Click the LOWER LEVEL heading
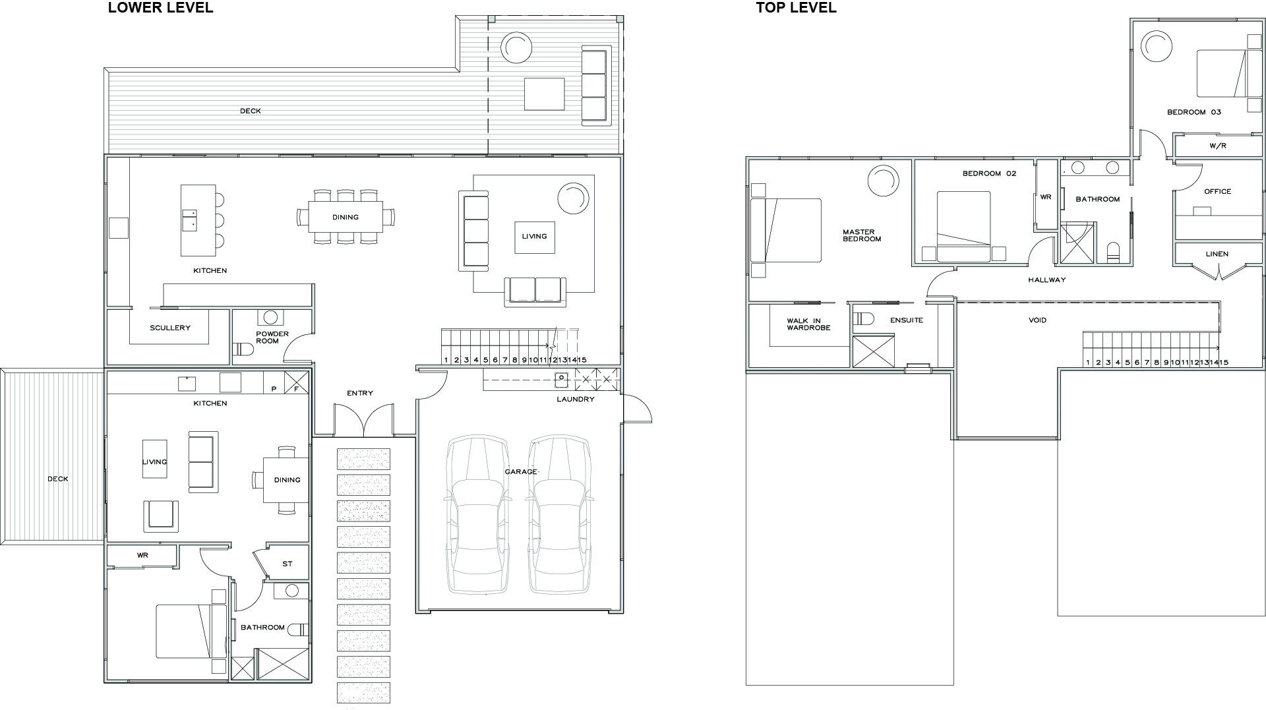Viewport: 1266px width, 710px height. (160, 8)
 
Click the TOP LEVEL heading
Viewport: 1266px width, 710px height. (796, 8)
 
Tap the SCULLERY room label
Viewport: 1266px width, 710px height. (170, 328)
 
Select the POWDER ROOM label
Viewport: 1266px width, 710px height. (272, 338)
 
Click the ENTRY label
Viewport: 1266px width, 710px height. (360, 393)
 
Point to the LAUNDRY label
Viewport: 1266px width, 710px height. (575, 399)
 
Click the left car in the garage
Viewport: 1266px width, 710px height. (478, 514)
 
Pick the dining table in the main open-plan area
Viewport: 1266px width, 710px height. (346, 217)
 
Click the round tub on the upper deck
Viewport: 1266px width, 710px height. (516, 47)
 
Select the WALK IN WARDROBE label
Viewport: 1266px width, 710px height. (808, 324)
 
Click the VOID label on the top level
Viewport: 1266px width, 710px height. (1037, 320)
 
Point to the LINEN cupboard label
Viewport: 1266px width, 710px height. (1217, 254)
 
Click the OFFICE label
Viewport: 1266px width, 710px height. (1217, 191)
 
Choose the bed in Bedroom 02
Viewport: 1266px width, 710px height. (963, 226)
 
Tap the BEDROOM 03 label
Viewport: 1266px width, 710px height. (1193, 112)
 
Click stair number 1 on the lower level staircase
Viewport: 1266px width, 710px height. (446, 360)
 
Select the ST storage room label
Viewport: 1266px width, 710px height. (287, 564)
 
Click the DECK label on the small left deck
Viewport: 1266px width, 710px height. (57, 479)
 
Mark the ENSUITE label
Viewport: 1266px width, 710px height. (907, 320)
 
